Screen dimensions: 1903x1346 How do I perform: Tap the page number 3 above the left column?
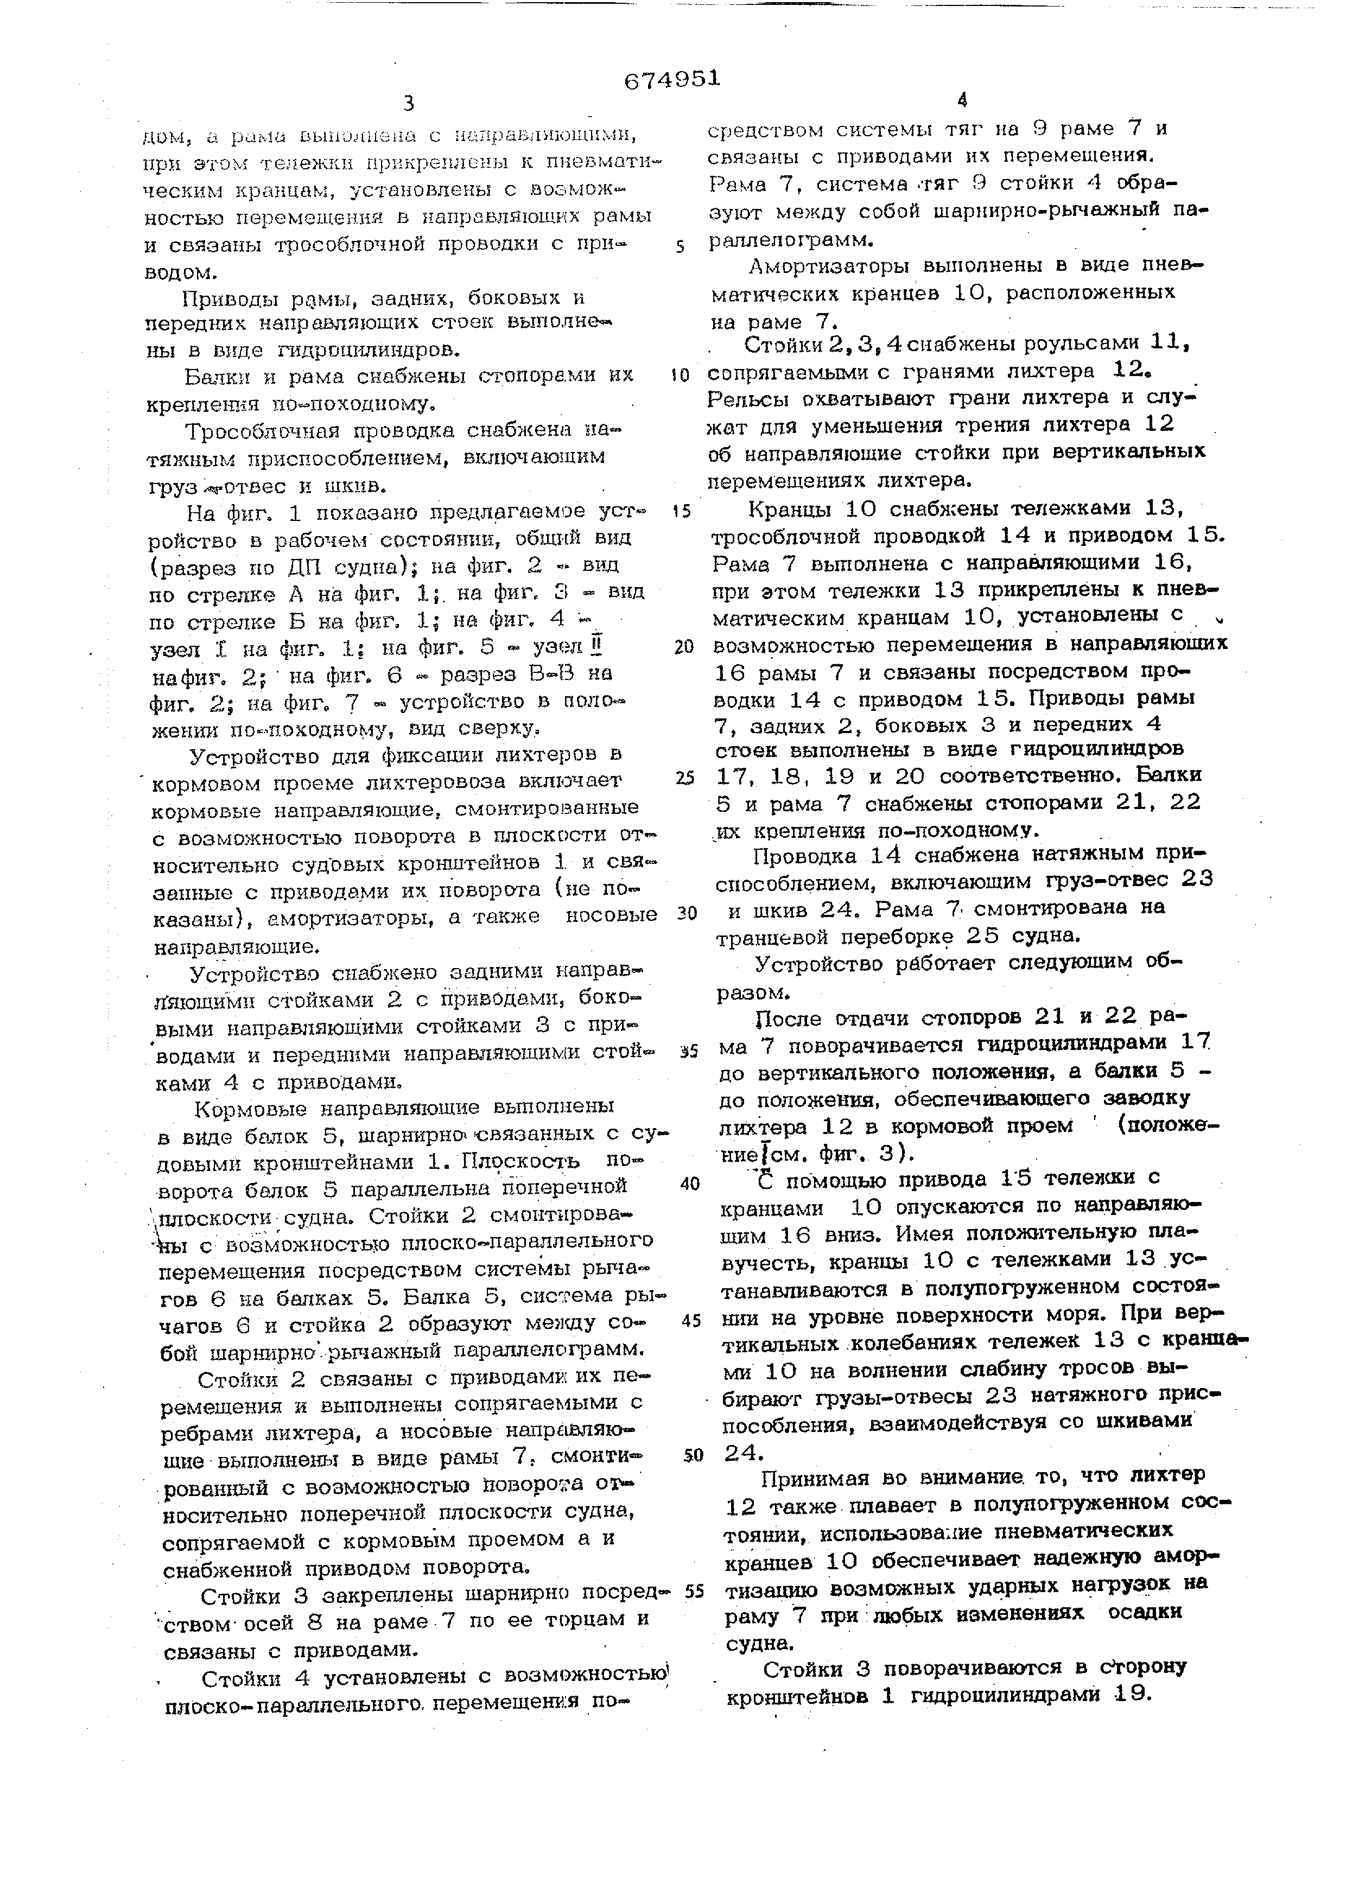coord(409,104)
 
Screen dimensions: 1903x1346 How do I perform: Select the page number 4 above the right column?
coord(961,101)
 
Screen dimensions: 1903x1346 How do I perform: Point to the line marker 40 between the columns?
coord(690,1183)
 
